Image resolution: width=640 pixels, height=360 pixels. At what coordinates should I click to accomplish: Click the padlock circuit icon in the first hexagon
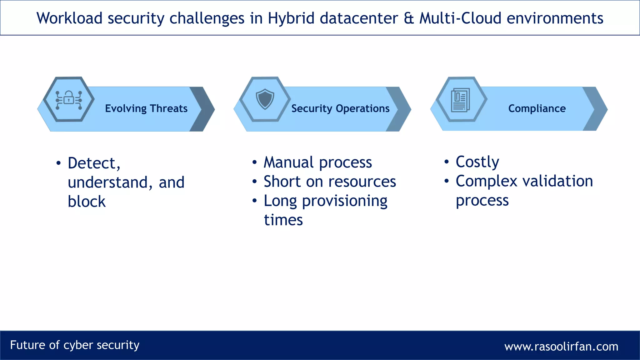69,100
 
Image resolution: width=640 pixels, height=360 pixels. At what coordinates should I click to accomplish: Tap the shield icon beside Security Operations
265,99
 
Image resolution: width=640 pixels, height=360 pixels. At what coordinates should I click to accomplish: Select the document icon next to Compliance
460,100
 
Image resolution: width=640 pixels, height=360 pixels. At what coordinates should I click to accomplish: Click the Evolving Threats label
146,108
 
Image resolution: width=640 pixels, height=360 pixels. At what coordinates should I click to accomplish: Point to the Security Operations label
340,108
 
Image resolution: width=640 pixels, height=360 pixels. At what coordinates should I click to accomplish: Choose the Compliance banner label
537,108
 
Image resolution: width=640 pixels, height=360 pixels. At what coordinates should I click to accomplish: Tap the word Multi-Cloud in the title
460,18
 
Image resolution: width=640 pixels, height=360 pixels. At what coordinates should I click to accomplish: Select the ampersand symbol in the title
409,18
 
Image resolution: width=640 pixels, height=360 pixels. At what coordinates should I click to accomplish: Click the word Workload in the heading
69,18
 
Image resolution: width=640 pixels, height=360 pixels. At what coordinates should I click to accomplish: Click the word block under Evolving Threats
87,201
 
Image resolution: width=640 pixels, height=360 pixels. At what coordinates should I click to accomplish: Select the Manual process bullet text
318,162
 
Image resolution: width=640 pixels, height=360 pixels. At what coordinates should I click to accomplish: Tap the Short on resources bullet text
330,182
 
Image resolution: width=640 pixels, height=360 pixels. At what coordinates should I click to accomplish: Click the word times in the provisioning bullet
283,220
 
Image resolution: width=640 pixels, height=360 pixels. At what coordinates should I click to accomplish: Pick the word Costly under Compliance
477,162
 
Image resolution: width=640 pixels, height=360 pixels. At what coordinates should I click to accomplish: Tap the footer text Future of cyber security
75,345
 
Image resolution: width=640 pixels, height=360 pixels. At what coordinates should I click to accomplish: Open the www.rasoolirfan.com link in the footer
561,346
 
